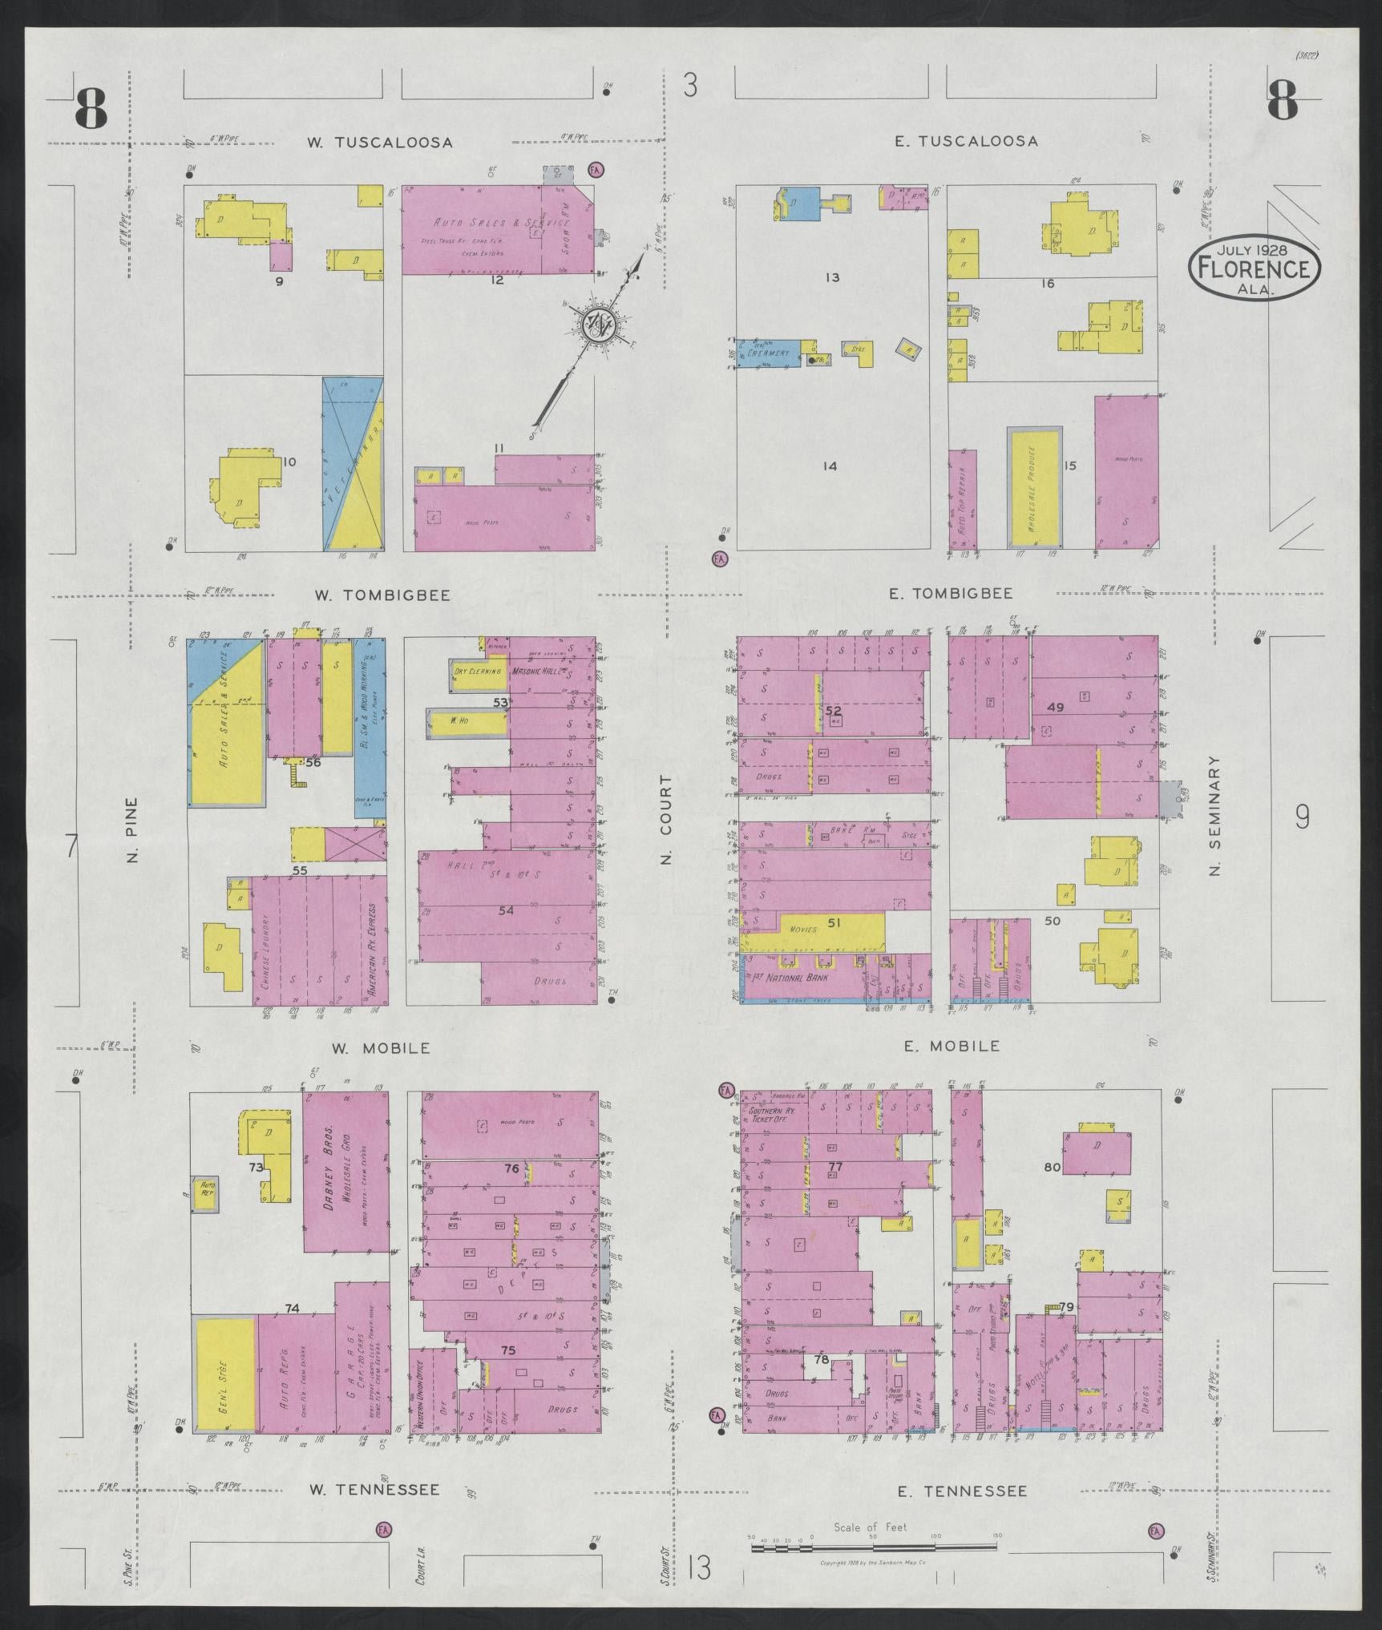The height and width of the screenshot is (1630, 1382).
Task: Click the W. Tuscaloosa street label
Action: tap(381, 143)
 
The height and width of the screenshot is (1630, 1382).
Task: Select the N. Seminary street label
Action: tap(1214, 816)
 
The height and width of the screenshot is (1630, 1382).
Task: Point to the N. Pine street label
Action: tap(134, 830)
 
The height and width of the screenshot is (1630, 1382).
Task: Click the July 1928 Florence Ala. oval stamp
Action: tap(1254, 269)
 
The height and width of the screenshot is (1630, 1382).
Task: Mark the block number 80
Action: tap(1053, 1168)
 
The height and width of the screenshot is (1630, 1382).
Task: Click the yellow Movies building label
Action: tap(802, 930)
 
